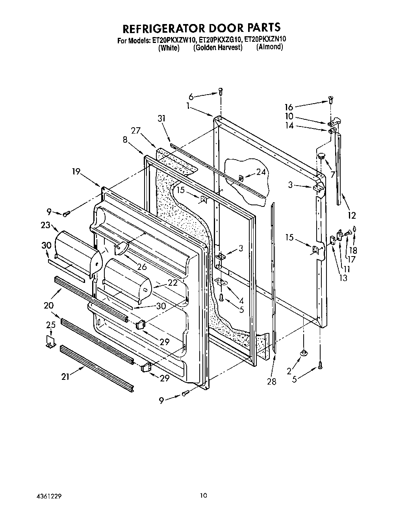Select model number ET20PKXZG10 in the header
tap(220, 39)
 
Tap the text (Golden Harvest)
tap(217, 48)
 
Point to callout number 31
tap(162, 118)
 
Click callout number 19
tap(76, 171)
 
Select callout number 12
tap(351, 215)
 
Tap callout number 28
tap(271, 381)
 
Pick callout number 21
tap(65, 377)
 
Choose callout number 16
tap(289, 107)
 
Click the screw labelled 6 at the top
tap(221, 92)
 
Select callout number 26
tap(141, 267)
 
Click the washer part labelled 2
tap(303, 353)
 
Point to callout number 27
tap(136, 131)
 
